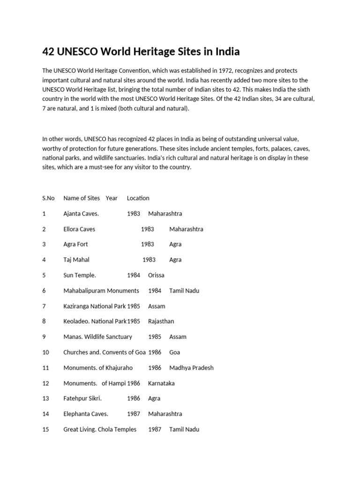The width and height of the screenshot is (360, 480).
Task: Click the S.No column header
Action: (x=48, y=198)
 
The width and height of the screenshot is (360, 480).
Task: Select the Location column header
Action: (x=138, y=198)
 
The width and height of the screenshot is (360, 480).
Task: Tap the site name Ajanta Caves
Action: (x=81, y=213)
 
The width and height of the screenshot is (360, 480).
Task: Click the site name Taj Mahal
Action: (x=76, y=260)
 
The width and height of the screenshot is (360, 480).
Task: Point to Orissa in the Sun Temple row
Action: (x=156, y=275)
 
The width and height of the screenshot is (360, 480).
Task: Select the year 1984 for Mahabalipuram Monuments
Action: (x=155, y=291)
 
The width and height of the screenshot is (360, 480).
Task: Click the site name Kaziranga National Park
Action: (x=95, y=306)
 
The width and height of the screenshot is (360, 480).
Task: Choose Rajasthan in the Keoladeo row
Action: (x=161, y=321)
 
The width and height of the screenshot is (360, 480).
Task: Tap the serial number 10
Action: (x=45, y=352)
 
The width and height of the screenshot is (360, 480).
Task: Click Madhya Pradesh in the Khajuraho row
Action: (x=191, y=367)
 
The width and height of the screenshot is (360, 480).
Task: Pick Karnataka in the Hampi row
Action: (x=161, y=383)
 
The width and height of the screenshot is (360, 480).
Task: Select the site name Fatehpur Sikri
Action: (x=82, y=398)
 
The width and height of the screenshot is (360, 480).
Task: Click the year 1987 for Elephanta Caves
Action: (x=134, y=414)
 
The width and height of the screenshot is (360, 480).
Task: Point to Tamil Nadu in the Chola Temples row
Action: (x=184, y=429)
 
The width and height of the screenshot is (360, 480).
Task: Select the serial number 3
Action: (x=44, y=244)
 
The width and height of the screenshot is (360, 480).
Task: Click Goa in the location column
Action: (x=174, y=352)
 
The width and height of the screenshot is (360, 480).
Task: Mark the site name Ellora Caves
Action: (x=79, y=229)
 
